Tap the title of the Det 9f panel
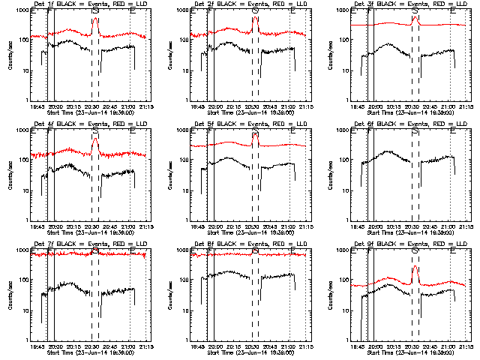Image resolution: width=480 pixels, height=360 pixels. (x=409, y=245)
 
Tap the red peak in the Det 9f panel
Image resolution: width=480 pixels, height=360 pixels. (x=415, y=268)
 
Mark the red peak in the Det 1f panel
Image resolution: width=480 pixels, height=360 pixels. (x=95, y=19)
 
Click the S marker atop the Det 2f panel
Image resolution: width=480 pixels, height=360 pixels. (x=255, y=10)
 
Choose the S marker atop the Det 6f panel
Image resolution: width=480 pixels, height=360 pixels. (x=415, y=130)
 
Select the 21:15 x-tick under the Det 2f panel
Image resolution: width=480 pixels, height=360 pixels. (x=306, y=106)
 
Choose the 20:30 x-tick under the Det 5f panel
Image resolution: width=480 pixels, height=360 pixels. (x=252, y=226)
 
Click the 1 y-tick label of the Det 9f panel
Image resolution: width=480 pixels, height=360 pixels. (x=348, y=340)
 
